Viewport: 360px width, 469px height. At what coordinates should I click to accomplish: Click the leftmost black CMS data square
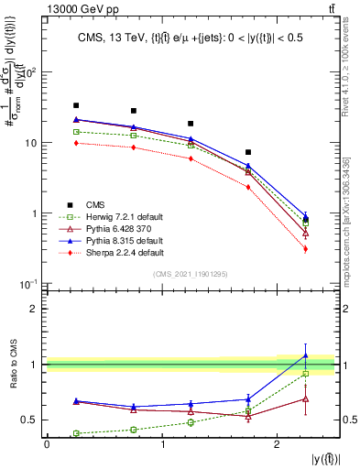(76, 105)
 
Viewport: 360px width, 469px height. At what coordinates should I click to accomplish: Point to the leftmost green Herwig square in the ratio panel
(76, 433)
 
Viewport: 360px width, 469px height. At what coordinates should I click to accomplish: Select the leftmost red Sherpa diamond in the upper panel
(76, 142)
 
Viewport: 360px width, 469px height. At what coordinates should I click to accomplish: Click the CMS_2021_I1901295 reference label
(191, 275)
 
